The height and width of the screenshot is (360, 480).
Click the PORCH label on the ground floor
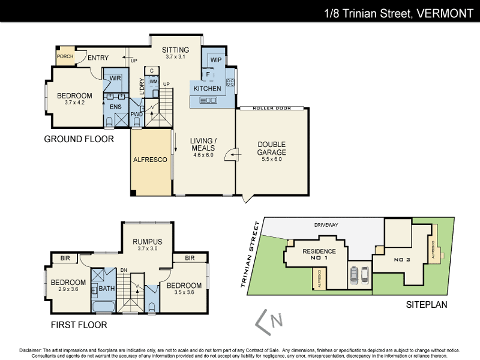tap(64, 56)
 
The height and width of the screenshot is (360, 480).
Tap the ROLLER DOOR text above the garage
tap(272, 109)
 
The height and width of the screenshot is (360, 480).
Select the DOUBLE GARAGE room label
tap(271, 148)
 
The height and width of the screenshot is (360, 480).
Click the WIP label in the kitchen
tap(216, 60)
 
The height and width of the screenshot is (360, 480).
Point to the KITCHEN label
tap(207, 89)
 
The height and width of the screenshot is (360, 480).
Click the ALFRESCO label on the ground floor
tap(150, 160)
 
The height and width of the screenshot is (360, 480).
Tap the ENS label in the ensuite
tap(115, 107)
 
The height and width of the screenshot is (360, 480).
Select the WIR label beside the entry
tap(116, 78)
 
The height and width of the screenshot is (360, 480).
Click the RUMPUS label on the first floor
tap(148, 242)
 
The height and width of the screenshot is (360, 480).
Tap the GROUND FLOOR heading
tap(79, 139)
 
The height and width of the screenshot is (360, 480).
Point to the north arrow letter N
tap(277, 321)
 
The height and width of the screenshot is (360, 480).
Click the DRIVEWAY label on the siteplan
tap(326, 225)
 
